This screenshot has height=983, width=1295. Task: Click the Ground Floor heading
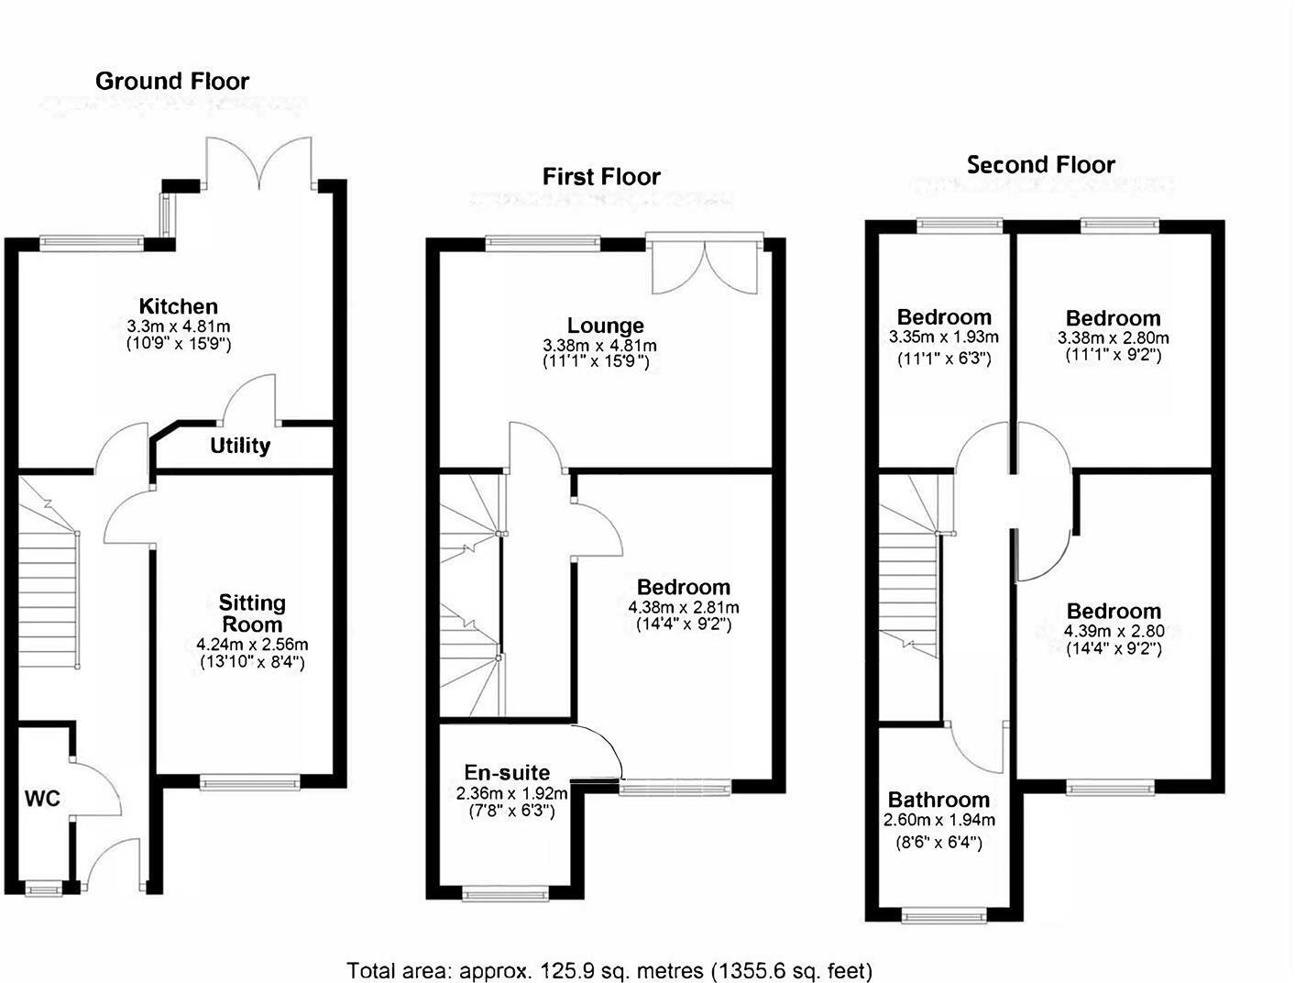click(x=172, y=82)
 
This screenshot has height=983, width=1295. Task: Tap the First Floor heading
click(x=601, y=176)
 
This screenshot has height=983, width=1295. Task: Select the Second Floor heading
click(x=1040, y=165)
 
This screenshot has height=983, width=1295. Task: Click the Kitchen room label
click(x=178, y=306)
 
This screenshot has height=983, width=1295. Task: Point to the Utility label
click(x=240, y=447)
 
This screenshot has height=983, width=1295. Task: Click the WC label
click(x=42, y=799)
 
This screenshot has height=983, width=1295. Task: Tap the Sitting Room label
click(x=252, y=613)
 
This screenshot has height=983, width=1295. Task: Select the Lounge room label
click(x=605, y=326)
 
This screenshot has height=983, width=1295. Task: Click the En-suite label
click(x=507, y=772)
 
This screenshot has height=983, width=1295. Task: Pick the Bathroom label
click(x=938, y=800)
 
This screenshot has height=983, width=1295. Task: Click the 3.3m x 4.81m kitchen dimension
click(x=178, y=326)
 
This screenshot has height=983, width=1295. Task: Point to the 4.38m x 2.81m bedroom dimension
click(x=684, y=607)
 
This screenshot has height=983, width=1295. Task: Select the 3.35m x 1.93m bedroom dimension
click(x=944, y=337)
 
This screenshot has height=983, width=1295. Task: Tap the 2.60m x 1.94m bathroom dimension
click(x=938, y=821)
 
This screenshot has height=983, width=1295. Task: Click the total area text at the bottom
click(x=609, y=970)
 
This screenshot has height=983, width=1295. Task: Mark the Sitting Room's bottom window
click(x=250, y=783)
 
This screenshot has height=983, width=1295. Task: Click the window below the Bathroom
click(x=944, y=914)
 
